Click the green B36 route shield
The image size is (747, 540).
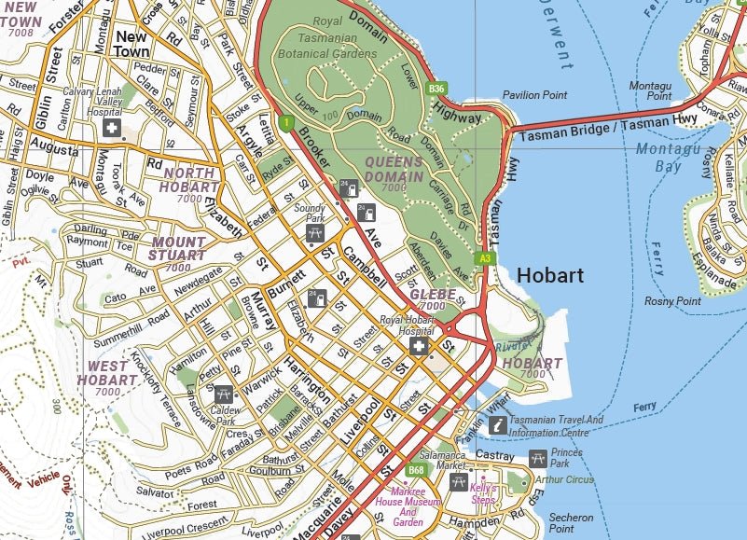436,89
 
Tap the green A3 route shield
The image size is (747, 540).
483,258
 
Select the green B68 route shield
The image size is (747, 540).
416,470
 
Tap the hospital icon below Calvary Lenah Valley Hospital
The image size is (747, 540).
111,127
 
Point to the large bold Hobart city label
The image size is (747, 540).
549,275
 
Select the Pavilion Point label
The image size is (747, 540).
534,95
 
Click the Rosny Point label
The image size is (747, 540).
672,301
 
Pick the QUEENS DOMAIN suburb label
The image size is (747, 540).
394,168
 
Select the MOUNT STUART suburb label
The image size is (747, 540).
178,248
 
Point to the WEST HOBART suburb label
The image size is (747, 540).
106,373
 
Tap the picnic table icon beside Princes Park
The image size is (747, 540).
537,458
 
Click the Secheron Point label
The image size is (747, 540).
571,522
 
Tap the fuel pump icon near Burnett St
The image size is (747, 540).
318,298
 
